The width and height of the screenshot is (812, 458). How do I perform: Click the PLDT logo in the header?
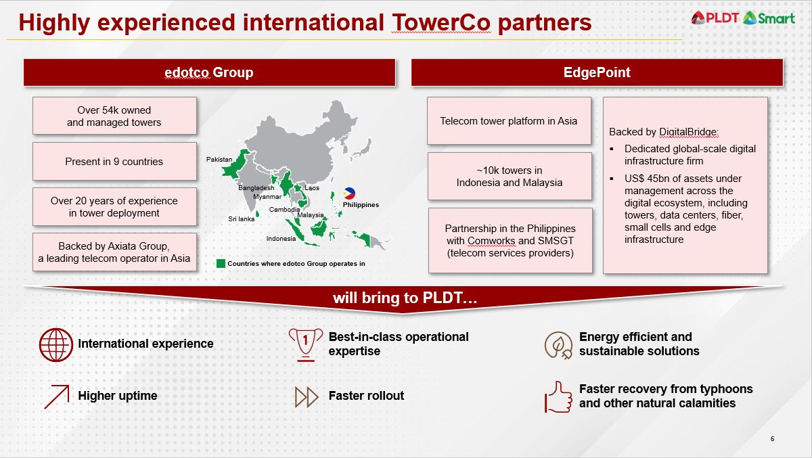click(x=715, y=18)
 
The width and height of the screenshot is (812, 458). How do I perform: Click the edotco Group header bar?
click(x=209, y=72)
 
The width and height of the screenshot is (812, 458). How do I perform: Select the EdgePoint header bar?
click(x=597, y=72)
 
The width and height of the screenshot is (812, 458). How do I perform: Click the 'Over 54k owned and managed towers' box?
click(x=114, y=116)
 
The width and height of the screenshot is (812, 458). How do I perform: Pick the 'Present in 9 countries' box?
click(x=114, y=162)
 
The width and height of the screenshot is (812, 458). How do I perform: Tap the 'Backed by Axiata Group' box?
click(x=114, y=252)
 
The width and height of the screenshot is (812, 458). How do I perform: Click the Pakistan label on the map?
click(x=219, y=160)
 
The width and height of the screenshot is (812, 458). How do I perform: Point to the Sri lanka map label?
click(x=242, y=219)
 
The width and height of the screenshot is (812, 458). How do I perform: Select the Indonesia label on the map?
click(x=281, y=239)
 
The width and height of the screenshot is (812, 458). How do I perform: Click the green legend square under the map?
click(x=221, y=263)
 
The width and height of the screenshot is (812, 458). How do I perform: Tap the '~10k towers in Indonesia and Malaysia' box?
click(x=510, y=176)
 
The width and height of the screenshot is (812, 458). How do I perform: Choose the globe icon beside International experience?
click(x=56, y=344)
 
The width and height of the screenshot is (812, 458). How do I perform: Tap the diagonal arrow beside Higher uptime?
click(x=57, y=396)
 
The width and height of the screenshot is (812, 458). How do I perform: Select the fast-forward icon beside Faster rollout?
click(x=307, y=396)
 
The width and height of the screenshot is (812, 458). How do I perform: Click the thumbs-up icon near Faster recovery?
click(x=558, y=396)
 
